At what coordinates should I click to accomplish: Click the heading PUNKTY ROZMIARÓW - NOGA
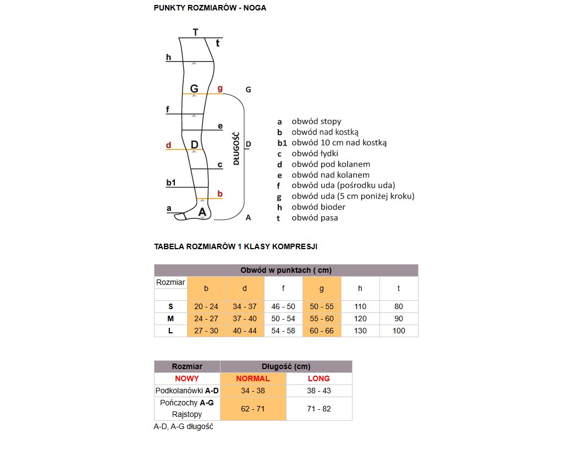(210, 8)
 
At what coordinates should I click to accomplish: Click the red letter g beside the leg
(220, 88)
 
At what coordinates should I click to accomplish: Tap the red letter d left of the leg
(169, 145)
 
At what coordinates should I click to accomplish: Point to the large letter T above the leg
(196, 32)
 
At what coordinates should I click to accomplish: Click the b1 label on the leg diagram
(171, 182)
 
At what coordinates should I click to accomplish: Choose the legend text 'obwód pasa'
(315, 218)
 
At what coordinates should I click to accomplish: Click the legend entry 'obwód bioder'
(318, 207)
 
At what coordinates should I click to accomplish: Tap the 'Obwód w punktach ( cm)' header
(286, 270)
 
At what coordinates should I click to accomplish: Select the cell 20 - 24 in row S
(206, 306)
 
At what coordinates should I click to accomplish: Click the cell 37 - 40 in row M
(245, 318)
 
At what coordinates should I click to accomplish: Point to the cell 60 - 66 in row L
(322, 331)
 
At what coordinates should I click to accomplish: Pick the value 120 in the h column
(360, 318)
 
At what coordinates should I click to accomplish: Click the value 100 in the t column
(399, 331)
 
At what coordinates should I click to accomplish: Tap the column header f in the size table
(283, 288)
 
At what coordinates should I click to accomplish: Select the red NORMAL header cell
(253, 378)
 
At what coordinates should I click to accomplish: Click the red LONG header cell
(319, 378)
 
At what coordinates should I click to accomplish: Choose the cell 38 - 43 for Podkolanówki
(319, 391)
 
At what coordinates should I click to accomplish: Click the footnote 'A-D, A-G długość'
(183, 427)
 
